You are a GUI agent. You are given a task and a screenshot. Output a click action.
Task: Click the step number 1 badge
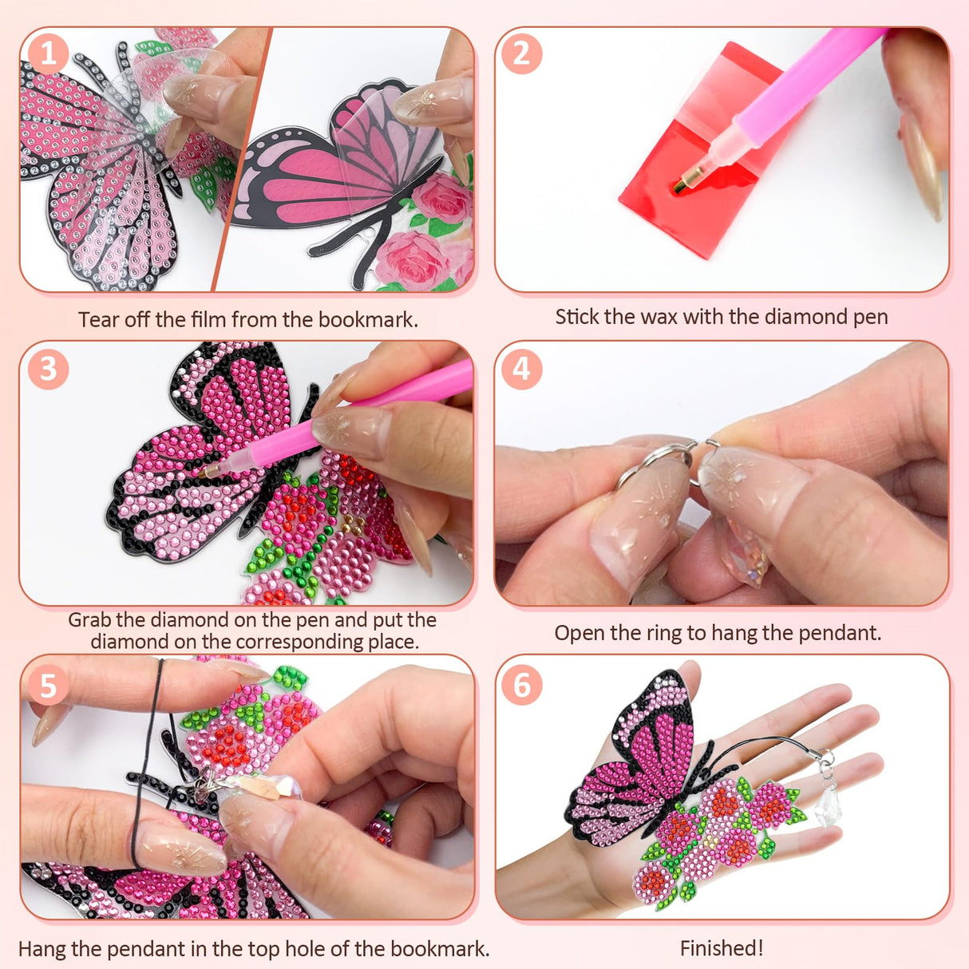pyautogui.click(x=49, y=54)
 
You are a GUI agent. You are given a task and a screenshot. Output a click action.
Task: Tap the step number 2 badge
pyautogui.click(x=521, y=54)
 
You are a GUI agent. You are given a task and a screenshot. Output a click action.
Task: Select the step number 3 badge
pyautogui.click(x=49, y=370)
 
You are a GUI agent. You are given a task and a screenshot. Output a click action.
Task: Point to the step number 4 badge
pyautogui.click(x=521, y=370)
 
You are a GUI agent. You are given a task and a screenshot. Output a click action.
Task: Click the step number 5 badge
pyautogui.click(x=49, y=686)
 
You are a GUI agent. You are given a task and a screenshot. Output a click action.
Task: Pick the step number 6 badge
pyautogui.click(x=521, y=686)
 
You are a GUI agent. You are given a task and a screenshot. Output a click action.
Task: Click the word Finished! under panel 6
pyautogui.click(x=722, y=948)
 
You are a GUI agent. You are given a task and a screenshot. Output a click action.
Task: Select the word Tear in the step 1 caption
pyautogui.click(x=98, y=320)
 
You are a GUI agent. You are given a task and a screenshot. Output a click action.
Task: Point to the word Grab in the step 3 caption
pyautogui.click(x=90, y=620)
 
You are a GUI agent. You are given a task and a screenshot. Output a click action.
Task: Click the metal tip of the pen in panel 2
pyautogui.click(x=681, y=186)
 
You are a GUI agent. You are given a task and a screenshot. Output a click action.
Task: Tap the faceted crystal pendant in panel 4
pyautogui.click(x=746, y=559)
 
